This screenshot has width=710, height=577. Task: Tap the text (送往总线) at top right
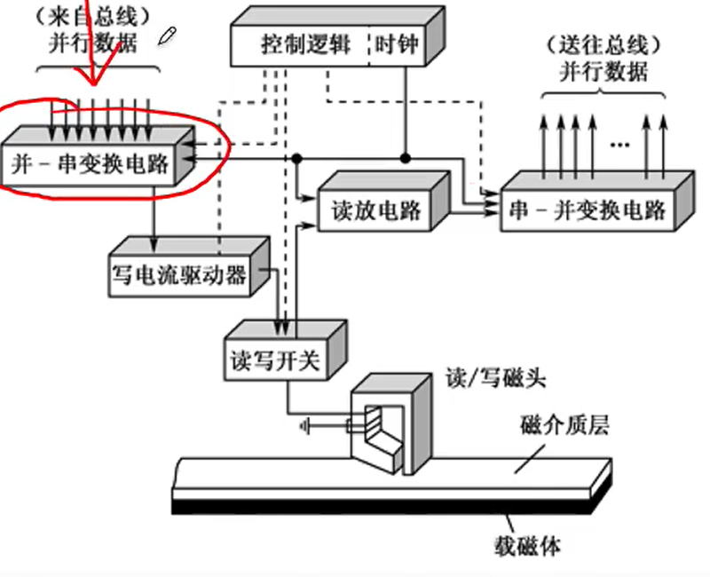[x=603, y=44]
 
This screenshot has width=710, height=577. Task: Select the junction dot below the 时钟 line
[x=405, y=158]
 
